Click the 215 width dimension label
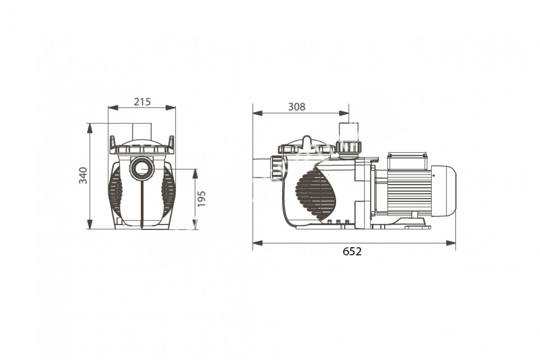(142, 102)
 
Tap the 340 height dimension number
(83, 175)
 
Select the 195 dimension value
(202, 199)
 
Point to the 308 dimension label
(297, 107)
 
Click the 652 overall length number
(352, 252)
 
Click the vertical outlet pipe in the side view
(349, 132)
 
